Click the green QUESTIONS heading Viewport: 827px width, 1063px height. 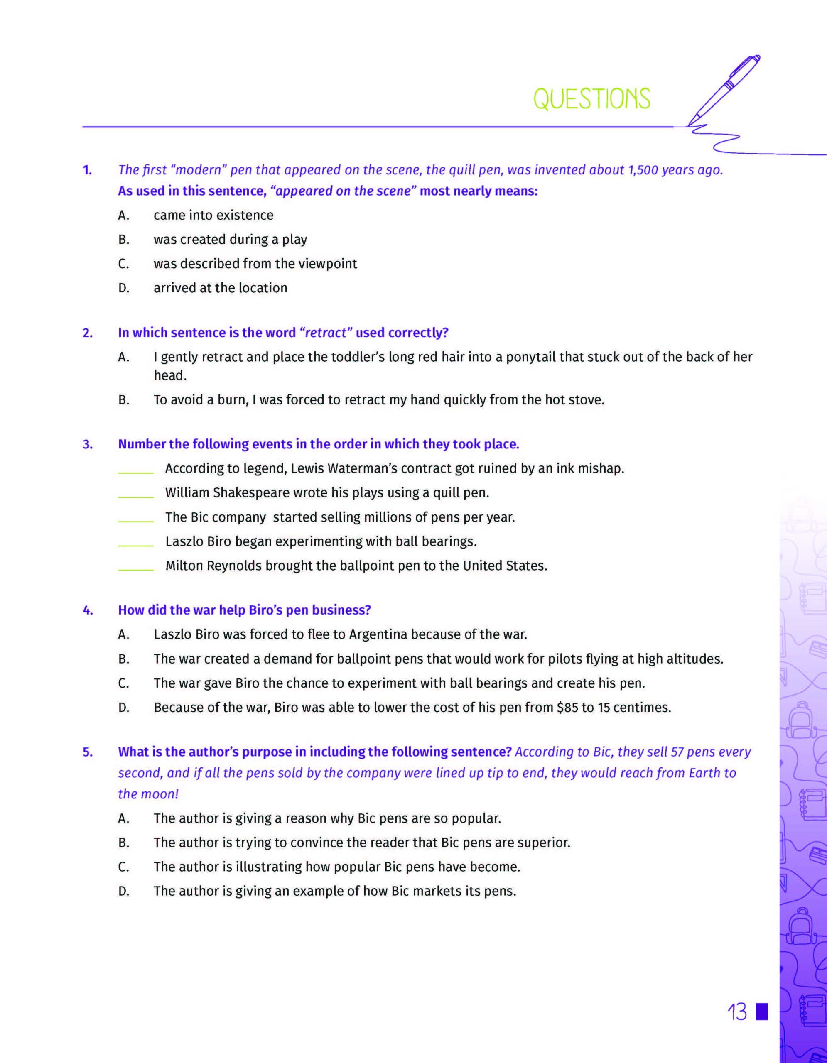tap(591, 99)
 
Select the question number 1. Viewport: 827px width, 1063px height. tap(87, 170)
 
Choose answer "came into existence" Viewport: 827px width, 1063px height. tap(213, 215)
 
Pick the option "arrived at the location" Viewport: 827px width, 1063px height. tap(220, 288)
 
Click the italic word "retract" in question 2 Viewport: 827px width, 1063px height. tap(326, 333)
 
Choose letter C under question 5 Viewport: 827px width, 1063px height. tap(124, 867)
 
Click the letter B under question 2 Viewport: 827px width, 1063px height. tap(124, 400)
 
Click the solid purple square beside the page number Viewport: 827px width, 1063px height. tap(762, 1011)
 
